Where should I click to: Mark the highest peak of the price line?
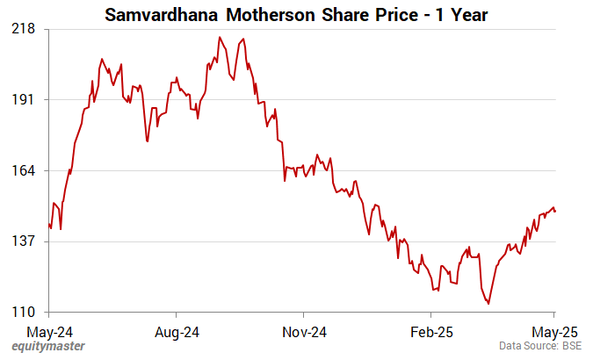220,37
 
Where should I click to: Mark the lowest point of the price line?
488,304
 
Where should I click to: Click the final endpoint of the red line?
555,212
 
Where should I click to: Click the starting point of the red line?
49,225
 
